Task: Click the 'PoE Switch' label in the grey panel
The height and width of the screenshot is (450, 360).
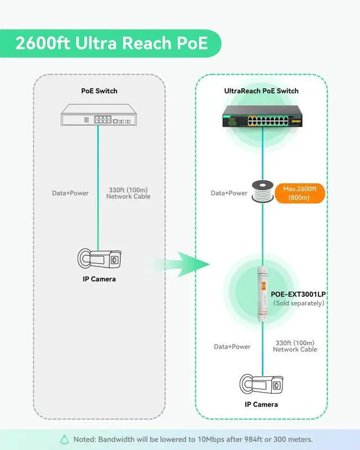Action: click(98, 91)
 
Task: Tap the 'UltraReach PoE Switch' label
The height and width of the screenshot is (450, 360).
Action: click(262, 91)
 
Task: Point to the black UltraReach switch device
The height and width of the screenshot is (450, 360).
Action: click(262, 116)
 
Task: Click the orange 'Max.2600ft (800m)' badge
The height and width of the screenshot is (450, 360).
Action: click(300, 193)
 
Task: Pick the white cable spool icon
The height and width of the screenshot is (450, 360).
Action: click(262, 193)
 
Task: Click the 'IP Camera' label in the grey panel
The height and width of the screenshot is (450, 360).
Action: click(98, 279)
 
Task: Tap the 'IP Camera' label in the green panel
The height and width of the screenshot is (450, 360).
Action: click(262, 404)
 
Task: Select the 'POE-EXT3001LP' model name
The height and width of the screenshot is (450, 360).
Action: click(299, 294)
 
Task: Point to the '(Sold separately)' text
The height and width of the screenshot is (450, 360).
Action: click(299, 303)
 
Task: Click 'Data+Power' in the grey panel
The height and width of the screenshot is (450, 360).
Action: click(70, 193)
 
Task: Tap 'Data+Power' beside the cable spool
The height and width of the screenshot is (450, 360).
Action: click(229, 193)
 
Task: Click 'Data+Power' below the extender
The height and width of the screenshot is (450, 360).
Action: click(232, 346)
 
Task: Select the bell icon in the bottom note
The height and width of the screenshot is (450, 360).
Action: click(64, 439)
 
